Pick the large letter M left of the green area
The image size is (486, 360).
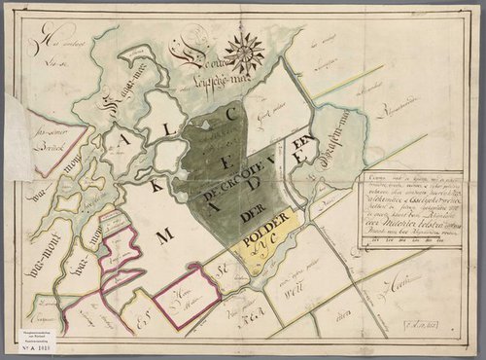(x=164, y=234)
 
